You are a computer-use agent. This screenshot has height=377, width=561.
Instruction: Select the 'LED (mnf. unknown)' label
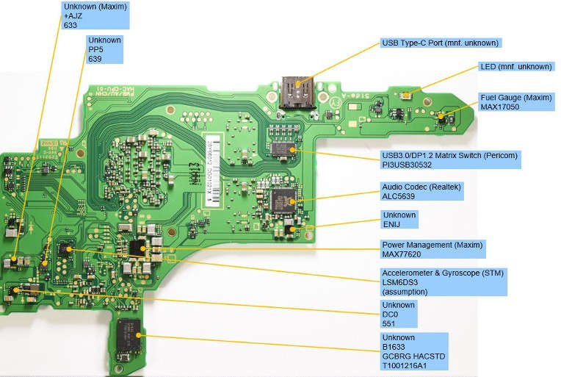[515, 66]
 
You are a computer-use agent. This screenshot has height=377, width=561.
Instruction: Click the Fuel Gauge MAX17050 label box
[515, 101]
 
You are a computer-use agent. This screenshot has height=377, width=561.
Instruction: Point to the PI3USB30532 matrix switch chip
[280, 147]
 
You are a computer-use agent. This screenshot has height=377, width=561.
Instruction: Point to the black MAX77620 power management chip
[137, 248]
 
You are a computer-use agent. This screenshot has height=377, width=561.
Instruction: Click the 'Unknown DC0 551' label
[399, 314]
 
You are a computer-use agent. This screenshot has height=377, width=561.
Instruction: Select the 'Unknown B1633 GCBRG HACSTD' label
[413, 351]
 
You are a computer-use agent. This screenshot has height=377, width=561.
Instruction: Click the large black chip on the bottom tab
[129, 339]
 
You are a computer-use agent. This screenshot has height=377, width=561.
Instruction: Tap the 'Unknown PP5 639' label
[104, 49]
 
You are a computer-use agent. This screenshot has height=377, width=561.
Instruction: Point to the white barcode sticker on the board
[208, 165]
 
